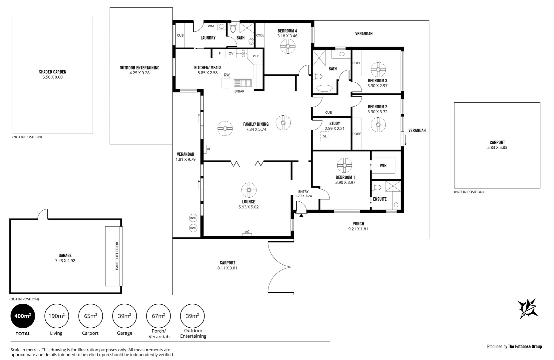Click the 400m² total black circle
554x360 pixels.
(x=23, y=316)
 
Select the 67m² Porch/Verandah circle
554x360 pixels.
(x=158, y=316)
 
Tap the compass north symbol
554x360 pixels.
(x=527, y=309)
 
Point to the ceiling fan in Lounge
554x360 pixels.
(x=249, y=190)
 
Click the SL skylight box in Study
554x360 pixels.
(x=325, y=136)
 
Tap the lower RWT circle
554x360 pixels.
(x=193, y=228)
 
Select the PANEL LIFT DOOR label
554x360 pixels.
(x=117, y=256)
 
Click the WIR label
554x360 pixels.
(x=383, y=166)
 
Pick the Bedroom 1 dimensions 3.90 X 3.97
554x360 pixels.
(x=345, y=183)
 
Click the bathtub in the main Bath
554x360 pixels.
(x=324, y=88)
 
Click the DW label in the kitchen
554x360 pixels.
(x=227, y=75)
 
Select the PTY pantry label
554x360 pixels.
(x=256, y=56)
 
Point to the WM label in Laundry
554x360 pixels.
(x=211, y=26)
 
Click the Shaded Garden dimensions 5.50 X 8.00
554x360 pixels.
(x=53, y=77)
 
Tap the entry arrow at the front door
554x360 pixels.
(x=301, y=216)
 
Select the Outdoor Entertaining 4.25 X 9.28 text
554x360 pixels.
(x=139, y=73)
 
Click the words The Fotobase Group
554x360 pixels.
(x=525, y=347)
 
